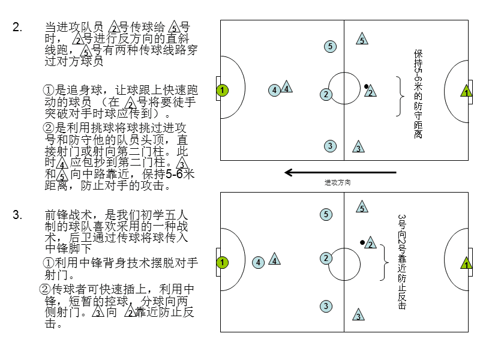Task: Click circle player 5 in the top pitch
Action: coord(330,46)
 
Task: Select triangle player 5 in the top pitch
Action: coord(362,40)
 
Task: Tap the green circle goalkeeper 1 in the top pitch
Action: coord(222,91)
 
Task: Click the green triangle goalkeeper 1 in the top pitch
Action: coord(466,92)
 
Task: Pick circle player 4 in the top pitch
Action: coord(274,91)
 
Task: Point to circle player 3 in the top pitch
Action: coord(329,146)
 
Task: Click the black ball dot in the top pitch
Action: coord(365,86)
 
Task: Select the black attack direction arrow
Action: coord(340,173)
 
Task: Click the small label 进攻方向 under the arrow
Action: coord(337,182)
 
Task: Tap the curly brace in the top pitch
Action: coord(400,95)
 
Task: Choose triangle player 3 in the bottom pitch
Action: coord(358,316)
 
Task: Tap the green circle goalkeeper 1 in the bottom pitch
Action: coord(222,262)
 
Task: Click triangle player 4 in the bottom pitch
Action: coord(274,260)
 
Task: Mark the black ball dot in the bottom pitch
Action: coord(362,242)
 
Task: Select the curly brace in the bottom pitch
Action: coord(384,262)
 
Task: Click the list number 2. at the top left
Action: coord(17,27)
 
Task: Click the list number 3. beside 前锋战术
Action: coord(17,215)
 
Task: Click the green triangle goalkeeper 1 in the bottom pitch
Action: coord(466,263)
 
